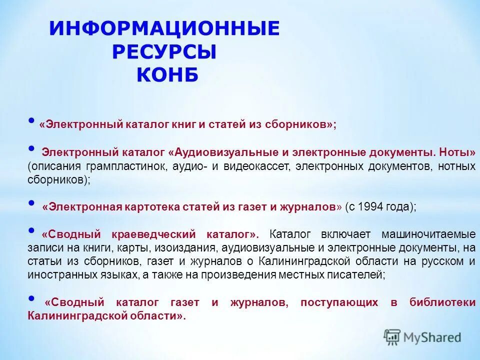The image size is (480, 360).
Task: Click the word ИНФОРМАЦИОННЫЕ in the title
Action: [164, 29]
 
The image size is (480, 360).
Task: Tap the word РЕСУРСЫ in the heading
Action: [164, 52]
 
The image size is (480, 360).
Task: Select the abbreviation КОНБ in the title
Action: [167, 75]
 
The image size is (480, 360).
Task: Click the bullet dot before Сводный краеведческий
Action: [32, 230]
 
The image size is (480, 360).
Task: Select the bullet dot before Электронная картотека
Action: [32, 203]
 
